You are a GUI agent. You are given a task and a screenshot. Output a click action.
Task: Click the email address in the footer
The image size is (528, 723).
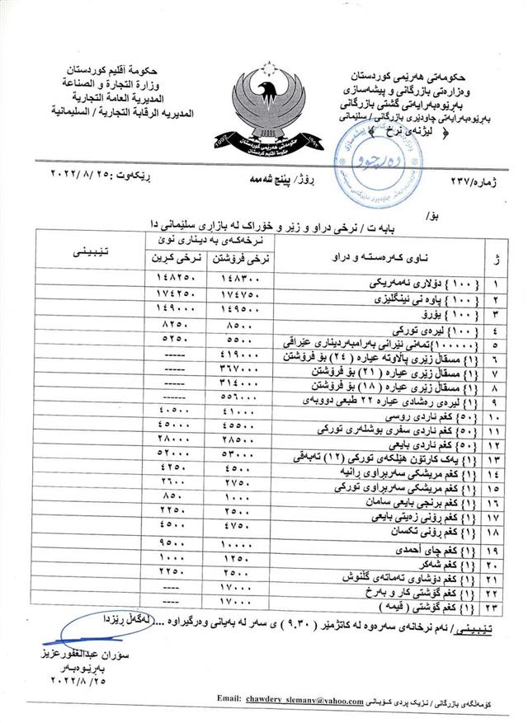pos(304,702)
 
